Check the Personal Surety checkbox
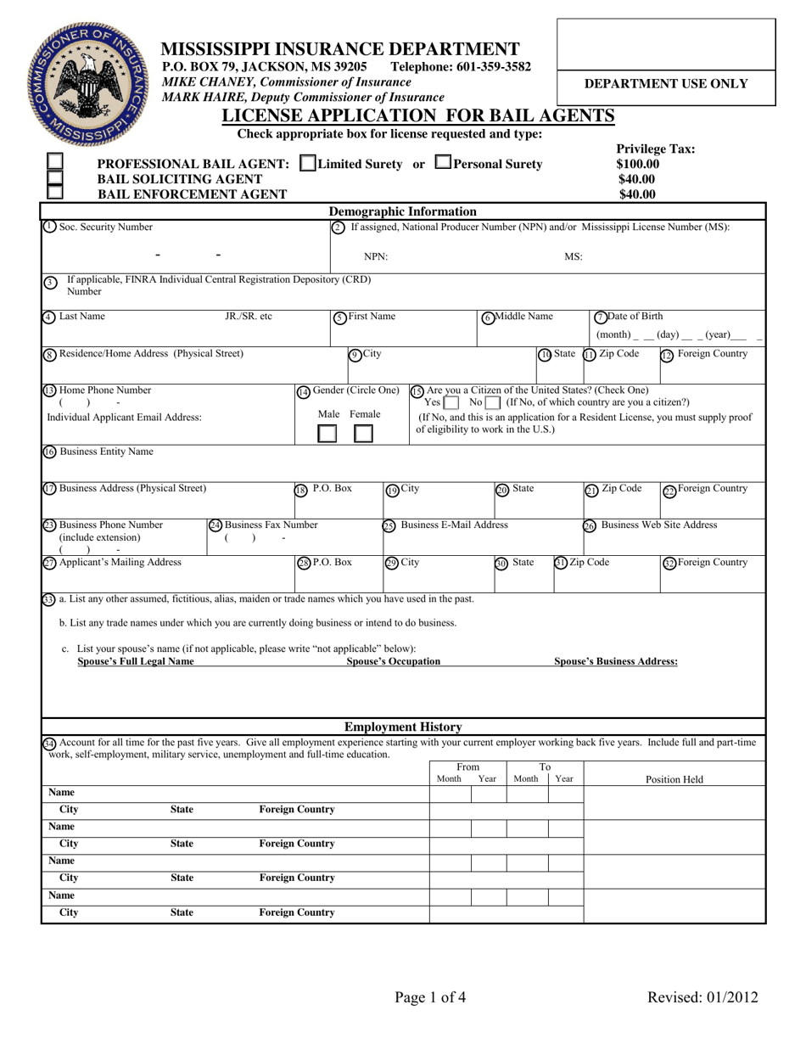point(442,162)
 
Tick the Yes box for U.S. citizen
point(451,401)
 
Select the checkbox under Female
point(362,434)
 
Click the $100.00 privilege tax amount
point(637,164)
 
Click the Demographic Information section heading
point(402,211)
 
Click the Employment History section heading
point(402,727)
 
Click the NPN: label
point(376,256)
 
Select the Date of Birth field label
point(635,317)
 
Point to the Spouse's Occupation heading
point(394,661)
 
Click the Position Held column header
point(674,779)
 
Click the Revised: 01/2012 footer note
point(702,997)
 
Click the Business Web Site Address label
point(658,525)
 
